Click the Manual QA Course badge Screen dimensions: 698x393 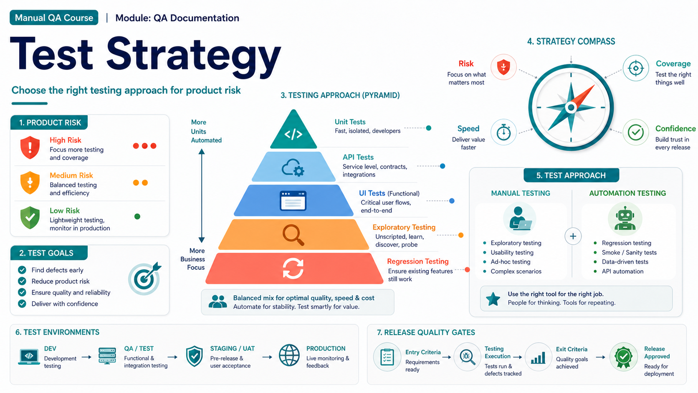[54, 18]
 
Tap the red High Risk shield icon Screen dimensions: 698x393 [30, 147]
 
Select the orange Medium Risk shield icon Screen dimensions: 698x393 [30, 183]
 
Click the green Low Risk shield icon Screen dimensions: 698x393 [30, 218]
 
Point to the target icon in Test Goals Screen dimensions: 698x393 [144, 278]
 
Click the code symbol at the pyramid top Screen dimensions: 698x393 [293, 134]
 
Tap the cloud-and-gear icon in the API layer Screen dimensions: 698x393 [293, 167]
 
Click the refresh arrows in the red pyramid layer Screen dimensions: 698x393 [293, 269]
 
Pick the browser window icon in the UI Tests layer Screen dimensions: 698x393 [293, 201]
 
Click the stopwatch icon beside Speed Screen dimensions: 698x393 [503, 132]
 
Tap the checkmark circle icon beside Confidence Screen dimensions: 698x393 [636, 132]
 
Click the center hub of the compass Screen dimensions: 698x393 [571, 107]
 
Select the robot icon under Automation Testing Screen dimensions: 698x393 [625, 218]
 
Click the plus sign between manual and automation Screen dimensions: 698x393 [573, 236]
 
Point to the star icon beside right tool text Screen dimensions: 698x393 [493, 299]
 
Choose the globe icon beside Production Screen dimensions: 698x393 [289, 355]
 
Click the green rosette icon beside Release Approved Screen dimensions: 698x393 [624, 357]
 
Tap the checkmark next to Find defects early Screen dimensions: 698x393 [22, 270]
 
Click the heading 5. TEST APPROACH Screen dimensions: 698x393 [571, 175]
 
